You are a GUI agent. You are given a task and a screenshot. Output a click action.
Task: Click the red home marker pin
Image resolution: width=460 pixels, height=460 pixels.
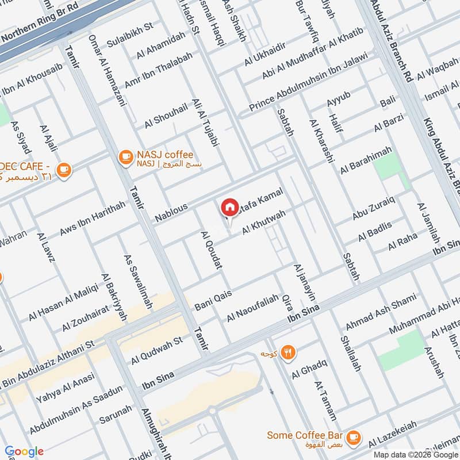229,208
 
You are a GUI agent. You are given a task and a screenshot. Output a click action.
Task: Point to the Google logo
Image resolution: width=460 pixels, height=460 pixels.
25,451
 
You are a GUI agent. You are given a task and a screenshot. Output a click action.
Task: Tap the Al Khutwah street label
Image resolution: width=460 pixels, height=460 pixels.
264,221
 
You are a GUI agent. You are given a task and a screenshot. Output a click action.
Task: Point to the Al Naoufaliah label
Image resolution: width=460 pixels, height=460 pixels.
252,308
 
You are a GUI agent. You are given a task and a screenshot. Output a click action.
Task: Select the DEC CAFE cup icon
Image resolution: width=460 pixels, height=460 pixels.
64,170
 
